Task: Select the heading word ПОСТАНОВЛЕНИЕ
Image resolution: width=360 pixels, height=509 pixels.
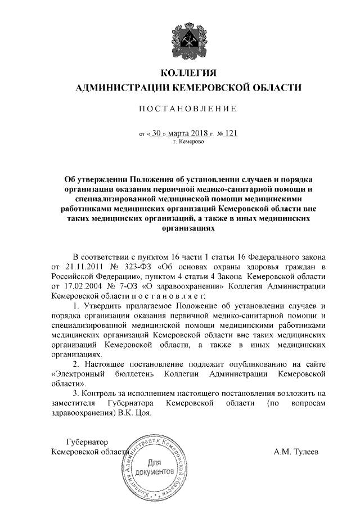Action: pyautogui.click(x=188, y=108)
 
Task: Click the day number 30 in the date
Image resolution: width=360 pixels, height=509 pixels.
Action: pyautogui.click(x=157, y=134)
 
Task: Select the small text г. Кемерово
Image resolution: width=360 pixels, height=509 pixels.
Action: pyautogui.click(x=188, y=143)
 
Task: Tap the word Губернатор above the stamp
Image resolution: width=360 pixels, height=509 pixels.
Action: pyautogui.click(x=86, y=442)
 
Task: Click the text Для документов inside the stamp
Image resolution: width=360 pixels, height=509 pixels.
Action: pyautogui.click(x=154, y=467)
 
